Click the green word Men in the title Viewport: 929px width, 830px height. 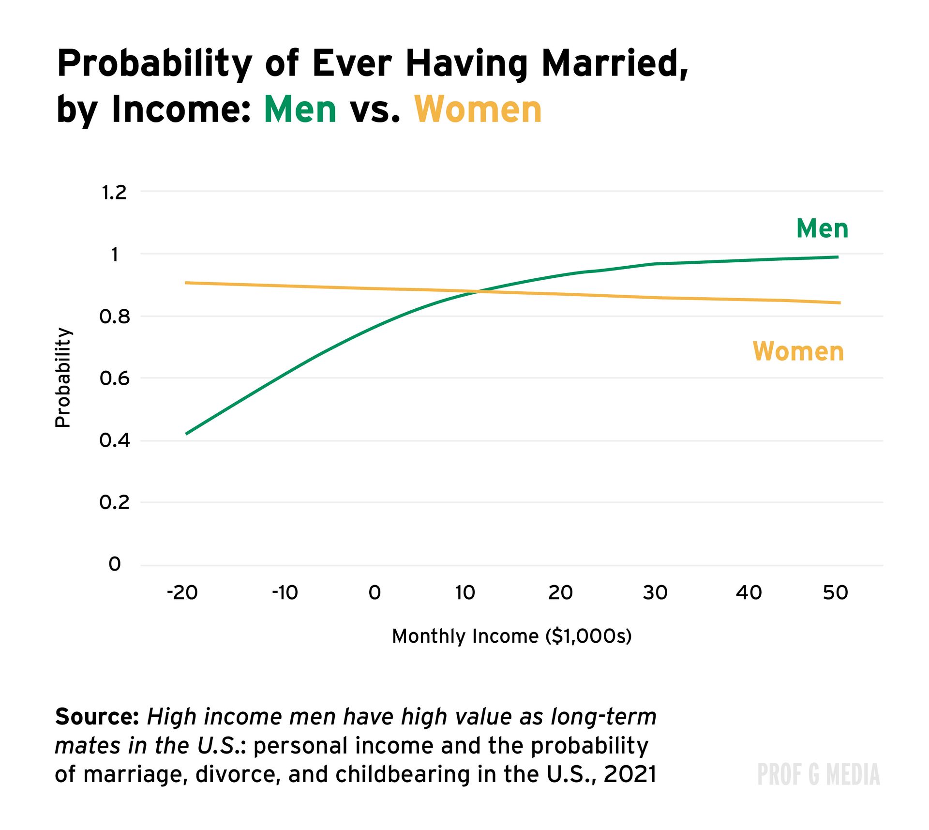300,109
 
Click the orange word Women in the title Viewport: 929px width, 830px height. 478,109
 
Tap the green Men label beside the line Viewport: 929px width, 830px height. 822,228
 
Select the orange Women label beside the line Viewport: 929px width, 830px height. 798,351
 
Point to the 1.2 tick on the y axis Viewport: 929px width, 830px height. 114,193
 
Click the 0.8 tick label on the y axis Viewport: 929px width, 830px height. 115,317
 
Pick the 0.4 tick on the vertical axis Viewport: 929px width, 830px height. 115,440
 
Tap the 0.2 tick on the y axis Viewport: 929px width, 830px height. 115,502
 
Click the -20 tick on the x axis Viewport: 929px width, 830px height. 182,592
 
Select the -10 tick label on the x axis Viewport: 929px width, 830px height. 285,592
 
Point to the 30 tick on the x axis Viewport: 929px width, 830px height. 655,592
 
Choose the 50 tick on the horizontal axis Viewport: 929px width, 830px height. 836,592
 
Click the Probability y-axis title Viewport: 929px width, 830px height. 63,377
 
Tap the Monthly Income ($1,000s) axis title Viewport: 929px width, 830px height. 511,636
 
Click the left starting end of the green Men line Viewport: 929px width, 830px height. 187,434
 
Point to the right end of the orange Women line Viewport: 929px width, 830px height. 839,303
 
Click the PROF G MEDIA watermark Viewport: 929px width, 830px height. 818,774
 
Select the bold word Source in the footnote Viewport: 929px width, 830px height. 97,717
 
